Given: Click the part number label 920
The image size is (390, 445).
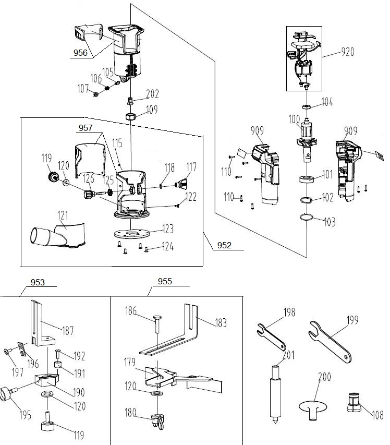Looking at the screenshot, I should (x=348, y=52).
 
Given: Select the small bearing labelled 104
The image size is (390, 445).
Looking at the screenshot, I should (x=307, y=107).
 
